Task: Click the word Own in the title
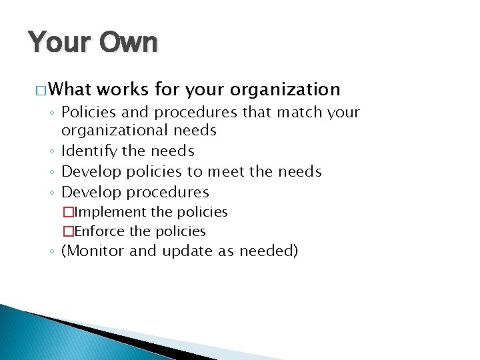point(129,43)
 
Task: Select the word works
point(126,89)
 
